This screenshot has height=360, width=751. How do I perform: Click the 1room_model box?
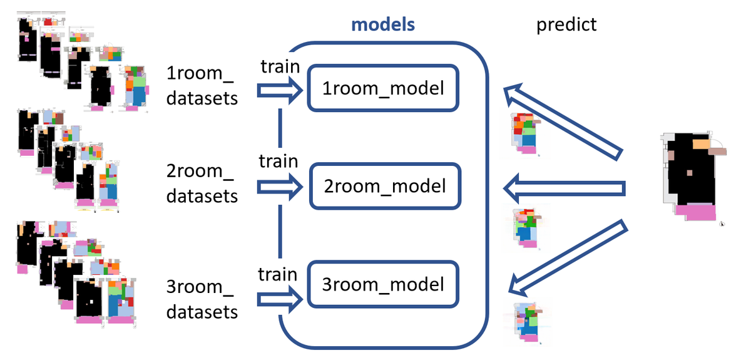[x=383, y=88]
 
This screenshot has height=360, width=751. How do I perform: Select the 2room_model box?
[x=384, y=186]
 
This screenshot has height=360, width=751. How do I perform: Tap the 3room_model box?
[x=384, y=285]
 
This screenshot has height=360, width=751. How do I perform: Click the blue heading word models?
[x=384, y=25]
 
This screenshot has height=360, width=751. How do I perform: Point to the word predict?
[x=567, y=25]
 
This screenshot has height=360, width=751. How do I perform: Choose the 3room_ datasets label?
[x=202, y=299]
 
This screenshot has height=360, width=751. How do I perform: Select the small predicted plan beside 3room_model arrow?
[x=525, y=322]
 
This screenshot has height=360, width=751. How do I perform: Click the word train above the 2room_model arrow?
[x=278, y=160]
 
